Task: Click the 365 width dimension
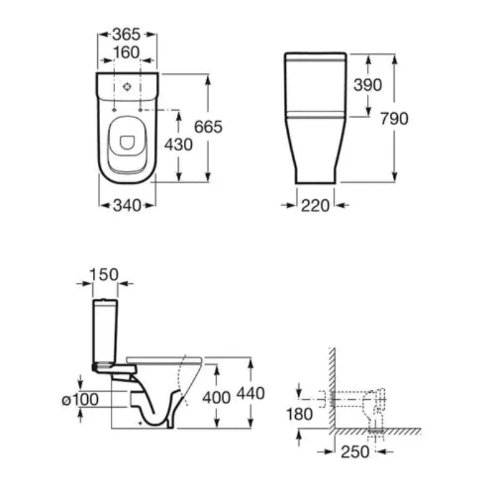click(x=126, y=34)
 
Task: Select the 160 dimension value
click(x=126, y=53)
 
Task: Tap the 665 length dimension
click(x=208, y=127)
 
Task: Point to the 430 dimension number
click(x=178, y=145)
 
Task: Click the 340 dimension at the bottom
click(x=127, y=205)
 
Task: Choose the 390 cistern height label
click(x=368, y=85)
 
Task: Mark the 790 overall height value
click(x=394, y=119)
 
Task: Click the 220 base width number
click(x=315, y=206)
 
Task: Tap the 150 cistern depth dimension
click(x=104, y=275)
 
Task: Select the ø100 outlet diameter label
click(x=80, y=400)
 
